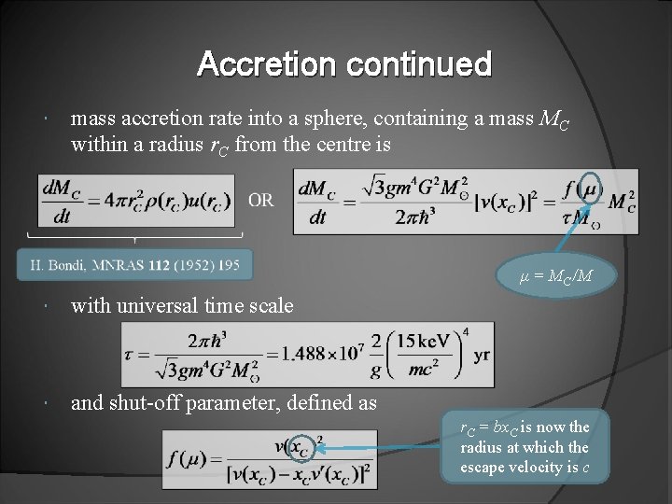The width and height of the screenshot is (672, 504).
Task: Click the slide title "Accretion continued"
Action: [x=344, y=64]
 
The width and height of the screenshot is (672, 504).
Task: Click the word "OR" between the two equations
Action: [x=261, y=200]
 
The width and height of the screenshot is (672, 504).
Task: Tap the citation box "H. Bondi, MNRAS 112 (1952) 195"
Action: [x=134, y=265]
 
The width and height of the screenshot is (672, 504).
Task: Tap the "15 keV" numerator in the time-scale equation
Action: [x=424, y=341]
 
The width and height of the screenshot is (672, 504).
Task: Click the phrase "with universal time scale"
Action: [x=182, y=305]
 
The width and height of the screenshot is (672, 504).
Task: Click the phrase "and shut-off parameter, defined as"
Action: [x=224, y=403]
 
